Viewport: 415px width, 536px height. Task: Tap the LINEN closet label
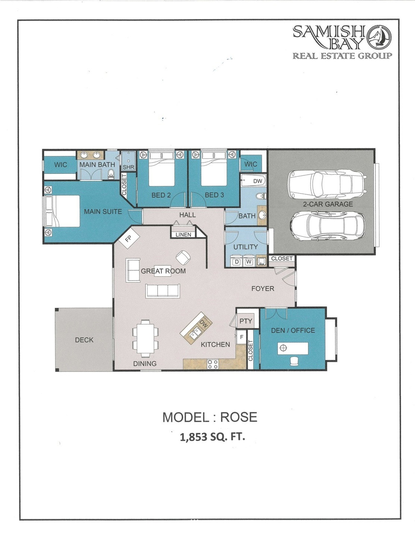pyautogui.click(x=183, y=235)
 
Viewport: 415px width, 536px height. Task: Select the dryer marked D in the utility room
pyautogui.click(x=237, y=261)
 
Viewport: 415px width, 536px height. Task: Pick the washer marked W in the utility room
pyautogui.click(x=249, y=261)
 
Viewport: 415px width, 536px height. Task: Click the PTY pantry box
pyautogui.click(x=246, y=321)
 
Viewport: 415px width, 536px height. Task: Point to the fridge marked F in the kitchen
pyautogui.click(x=241, y=337)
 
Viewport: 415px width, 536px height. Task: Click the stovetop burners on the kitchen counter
pyautogui.click(x=213, y=364)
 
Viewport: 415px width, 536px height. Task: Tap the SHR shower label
pyautogui.click(x=128, y=167)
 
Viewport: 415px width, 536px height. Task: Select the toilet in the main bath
pyautogui.click(x=111, y=174)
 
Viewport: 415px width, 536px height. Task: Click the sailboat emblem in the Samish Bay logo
pyautogui.click(x=379, y=37)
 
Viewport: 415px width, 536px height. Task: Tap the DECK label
pyautogui.click(x=84, y=340)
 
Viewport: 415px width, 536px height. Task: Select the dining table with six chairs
pyautogui.click(x=145, y=338)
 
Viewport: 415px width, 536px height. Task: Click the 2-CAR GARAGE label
pyautogui.click(x=328, y=204)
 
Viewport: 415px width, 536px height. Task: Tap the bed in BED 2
pyautogui.click(x=162, y=169)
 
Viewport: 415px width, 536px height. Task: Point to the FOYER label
pyautogui.click(x=262, y=288)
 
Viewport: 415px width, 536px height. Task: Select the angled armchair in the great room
pyautogui.click(x=183, y=258)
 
